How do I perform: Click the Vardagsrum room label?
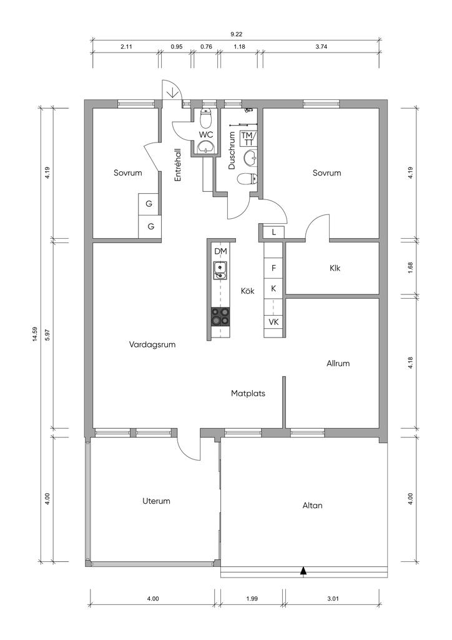click(152, 344)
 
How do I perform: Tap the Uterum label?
click(156, 501)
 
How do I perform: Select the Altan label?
click(312, 505)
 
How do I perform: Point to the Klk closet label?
click(335, 268)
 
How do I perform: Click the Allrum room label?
click(338, 363)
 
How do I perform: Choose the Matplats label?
click(248, 394)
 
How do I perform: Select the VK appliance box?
click(273, 322)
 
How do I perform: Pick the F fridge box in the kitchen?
click(273, 268)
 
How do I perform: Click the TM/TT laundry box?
click(248, 138)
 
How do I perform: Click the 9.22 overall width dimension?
click(237, 35)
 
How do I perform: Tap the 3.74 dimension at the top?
click(321, 46)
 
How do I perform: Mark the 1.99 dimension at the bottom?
click(252, 599)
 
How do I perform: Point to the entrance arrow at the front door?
click(172, 92)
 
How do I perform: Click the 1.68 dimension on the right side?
click(410, 267)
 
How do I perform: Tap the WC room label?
click(206, 135)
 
